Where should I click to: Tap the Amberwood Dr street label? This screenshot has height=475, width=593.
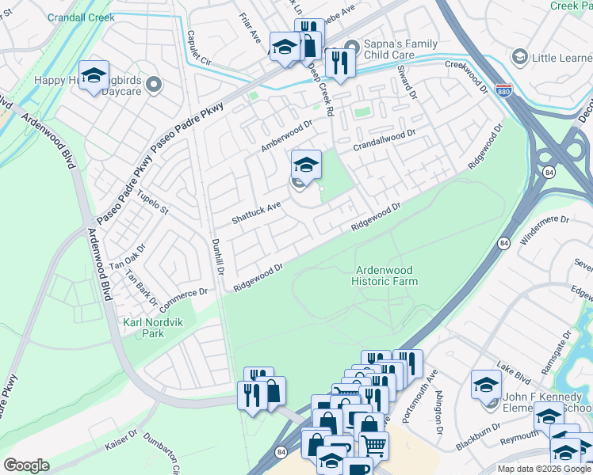(x=287, y=136)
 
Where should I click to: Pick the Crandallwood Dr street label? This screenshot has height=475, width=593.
(x=384, y=139)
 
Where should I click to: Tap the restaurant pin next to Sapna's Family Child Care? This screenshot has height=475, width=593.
(x=340, y=63)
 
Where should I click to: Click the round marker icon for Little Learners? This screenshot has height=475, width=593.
(x=520, y=57)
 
